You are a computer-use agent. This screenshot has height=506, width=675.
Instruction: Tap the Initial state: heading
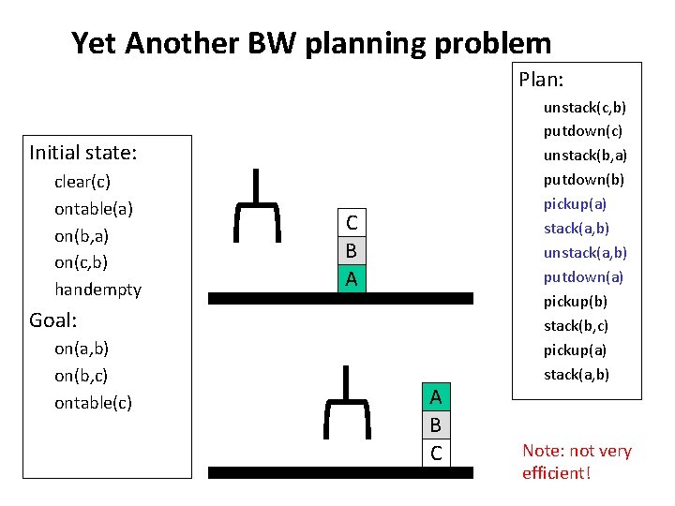[83, 152]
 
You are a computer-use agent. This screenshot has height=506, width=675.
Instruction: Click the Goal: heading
[52, 320]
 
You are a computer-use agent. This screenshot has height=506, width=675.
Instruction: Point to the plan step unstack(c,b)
[585, 108]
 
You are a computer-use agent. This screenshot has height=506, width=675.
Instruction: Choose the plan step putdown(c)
[582, 132]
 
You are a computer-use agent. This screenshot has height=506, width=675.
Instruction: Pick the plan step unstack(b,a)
[585, 156]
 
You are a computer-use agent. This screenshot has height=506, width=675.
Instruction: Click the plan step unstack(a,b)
[585, 253]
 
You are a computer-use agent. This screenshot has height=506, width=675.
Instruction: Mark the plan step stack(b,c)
[576, 326]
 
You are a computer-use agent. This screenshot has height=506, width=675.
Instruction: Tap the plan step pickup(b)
[576, 302]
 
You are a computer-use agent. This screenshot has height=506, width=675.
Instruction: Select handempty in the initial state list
[97, 290]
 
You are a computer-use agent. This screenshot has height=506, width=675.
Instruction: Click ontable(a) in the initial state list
[94, 209]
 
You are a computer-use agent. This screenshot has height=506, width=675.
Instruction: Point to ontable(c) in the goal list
[93, 403]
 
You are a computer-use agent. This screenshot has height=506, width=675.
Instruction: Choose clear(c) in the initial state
[82, 182]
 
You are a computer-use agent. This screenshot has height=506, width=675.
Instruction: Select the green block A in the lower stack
[435, 397]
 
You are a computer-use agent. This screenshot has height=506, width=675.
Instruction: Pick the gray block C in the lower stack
[435, 454]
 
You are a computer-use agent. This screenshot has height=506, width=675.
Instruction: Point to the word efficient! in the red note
[556, 473]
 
